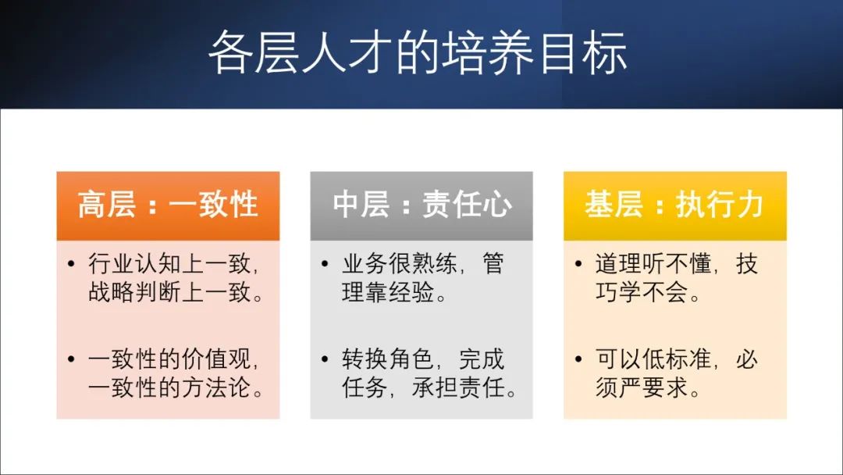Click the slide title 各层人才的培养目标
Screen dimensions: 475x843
click(x=418, y=52)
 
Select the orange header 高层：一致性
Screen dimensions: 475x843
click(x=168, y=205)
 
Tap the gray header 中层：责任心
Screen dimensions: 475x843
click(x=421, y=205)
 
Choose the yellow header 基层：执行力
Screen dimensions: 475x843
click(x=674, y=205)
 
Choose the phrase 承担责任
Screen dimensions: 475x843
click(x=460, y=387)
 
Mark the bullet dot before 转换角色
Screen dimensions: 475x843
click(x=325, y=360)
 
